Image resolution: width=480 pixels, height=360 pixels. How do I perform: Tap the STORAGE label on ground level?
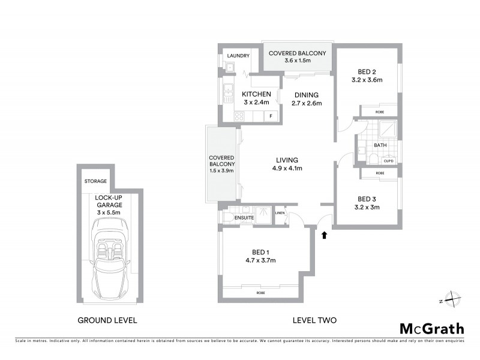[x=95, y=181]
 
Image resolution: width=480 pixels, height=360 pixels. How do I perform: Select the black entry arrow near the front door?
[x=325, y=235]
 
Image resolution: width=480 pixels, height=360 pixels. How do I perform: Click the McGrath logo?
[x=431, y=328]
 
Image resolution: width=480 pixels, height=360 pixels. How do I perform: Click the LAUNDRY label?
[x=238, y=56]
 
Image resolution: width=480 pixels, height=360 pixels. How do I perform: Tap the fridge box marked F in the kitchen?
[x=271, y=116]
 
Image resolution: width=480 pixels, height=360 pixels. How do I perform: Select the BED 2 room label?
[x=367, y=70]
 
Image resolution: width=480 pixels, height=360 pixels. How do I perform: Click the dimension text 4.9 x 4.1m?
[x=288, y=169]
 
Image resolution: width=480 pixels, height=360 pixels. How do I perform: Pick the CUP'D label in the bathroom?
[x=388, y=160]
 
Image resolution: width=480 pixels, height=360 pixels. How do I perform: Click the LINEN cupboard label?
[x=280, y=213]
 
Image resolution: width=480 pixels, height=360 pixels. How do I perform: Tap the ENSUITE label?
[x=244, y=217]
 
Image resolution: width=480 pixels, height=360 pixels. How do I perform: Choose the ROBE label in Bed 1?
[x=260, y=292]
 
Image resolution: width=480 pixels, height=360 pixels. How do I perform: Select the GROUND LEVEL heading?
[x=107, y=320]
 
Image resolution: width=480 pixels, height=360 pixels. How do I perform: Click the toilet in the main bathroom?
[x=372, y=159]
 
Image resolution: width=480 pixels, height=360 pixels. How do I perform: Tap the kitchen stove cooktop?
[x=238, y=116]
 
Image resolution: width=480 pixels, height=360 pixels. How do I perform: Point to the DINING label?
[x=306, y=95]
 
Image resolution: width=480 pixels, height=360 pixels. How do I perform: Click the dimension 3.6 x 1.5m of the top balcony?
[x=298, y=61]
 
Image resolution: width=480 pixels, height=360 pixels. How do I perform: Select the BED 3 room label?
[x=367, y=199]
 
